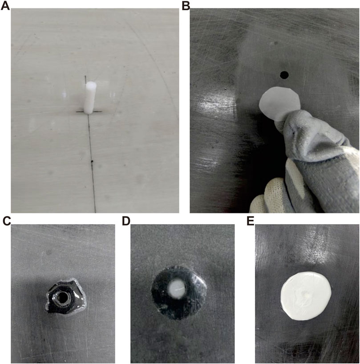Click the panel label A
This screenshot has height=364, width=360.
point(5,6)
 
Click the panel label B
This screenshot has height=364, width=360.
point(186,6)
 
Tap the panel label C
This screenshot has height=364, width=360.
point(7,221)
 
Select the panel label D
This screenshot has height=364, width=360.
point(126,221)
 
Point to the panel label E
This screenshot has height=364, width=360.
point(251,221)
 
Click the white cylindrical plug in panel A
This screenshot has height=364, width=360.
point(90,98)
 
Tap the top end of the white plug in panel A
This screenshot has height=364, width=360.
point(91,83)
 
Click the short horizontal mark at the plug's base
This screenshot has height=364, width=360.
point(89,112)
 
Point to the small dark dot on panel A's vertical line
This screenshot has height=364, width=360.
point(92,161)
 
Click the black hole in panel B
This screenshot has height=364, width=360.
point(284,75)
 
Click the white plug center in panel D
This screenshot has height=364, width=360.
point(177,289)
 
